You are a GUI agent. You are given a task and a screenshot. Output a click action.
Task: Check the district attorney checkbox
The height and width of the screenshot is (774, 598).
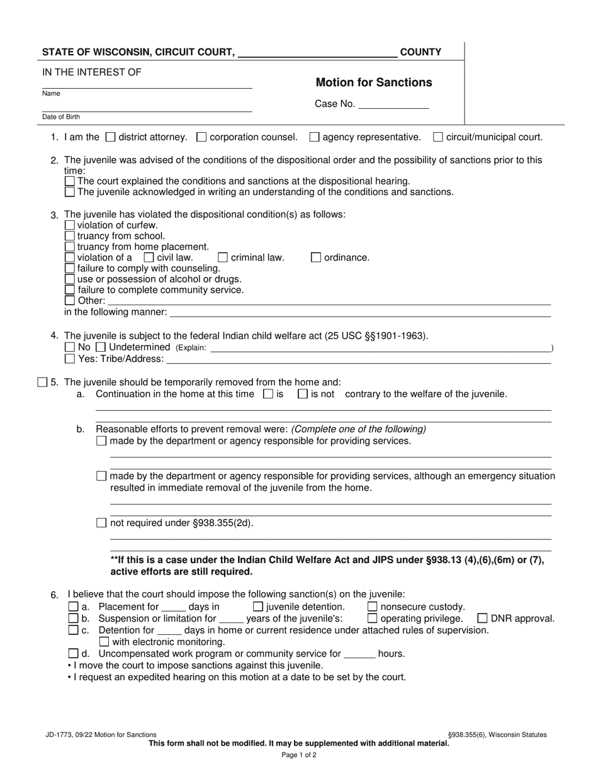tap(111, 137)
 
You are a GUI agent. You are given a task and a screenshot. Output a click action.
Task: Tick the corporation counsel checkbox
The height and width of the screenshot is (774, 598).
tap(201, 137)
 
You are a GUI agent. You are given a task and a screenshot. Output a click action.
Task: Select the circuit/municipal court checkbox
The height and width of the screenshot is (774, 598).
tap(438, 137)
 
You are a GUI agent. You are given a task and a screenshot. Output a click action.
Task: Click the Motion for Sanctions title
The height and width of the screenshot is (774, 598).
tap(373, 82)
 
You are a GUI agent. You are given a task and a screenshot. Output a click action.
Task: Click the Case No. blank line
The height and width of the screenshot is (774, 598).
tap(393, 104)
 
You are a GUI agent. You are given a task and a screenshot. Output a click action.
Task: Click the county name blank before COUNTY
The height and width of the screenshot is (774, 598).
tap(318, 52)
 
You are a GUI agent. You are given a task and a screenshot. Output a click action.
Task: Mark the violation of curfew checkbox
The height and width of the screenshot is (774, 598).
tap(70, 225)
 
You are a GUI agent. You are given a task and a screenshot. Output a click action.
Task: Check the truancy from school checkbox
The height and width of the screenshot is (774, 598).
tap(70, 236)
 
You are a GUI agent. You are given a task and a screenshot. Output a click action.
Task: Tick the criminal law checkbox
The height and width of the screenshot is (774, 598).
tap(223, 257)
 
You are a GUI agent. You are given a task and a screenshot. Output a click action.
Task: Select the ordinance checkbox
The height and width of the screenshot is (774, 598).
tap(316, 257)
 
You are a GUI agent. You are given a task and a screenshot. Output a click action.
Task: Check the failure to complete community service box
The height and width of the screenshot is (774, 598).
tap(70, 290)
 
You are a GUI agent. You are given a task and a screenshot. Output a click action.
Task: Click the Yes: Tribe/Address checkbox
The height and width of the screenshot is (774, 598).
tap(70, 359)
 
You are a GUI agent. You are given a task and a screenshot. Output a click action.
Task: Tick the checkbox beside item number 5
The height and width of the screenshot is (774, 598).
tap(42, 382)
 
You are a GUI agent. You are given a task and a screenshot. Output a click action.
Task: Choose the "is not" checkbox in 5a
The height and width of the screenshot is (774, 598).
tap(302, 395)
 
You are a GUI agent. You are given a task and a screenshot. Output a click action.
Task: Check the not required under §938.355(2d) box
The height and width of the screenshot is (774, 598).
tap(102, 523)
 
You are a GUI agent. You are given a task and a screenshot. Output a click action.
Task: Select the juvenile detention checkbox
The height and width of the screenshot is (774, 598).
tap(257, 607)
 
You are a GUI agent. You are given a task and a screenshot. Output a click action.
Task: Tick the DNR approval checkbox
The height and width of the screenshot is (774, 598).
tap(483, 619)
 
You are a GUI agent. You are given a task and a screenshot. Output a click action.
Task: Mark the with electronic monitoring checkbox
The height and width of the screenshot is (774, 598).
tap(104, 642)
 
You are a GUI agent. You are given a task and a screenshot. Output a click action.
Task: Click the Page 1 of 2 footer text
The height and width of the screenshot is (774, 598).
tap(299, 754)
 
